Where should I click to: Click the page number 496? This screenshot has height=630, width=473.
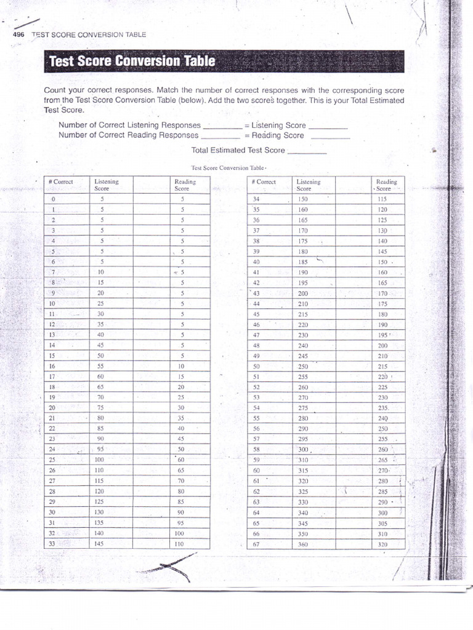click(18, 34)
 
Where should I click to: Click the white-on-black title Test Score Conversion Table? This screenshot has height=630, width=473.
click(132, 62)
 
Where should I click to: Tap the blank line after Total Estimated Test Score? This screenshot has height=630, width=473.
click(307, 151)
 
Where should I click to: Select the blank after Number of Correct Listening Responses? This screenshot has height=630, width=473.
click(222, 126)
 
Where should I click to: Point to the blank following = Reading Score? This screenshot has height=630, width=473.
click(330, 137)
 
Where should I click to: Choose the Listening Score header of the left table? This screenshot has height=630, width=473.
click(107, 185)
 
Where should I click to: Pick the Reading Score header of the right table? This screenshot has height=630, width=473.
click(386, 185)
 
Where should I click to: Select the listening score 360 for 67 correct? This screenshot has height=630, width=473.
click(303, 544)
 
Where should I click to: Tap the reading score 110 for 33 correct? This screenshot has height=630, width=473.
click(179, 544)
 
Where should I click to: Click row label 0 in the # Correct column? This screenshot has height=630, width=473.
click(54, 199)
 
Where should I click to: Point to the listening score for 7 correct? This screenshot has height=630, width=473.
click(101, 271)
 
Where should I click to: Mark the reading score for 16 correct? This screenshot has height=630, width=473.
click(181, 365)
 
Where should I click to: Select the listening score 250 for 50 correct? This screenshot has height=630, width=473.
click(303, 366)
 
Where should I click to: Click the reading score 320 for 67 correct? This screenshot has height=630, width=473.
click(383, 544)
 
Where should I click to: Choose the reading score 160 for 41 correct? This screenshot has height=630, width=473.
click(383, 271)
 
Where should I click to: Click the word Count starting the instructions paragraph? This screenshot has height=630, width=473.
click(55, 90)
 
